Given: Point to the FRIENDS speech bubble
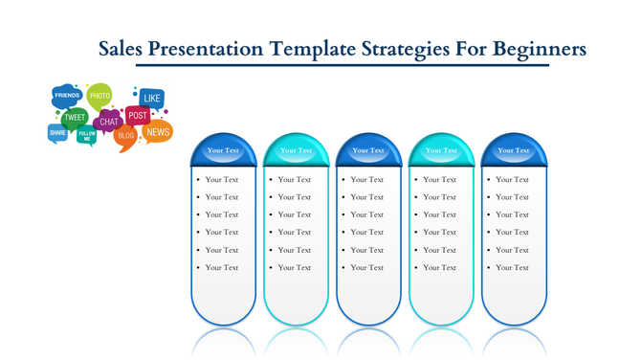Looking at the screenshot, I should (67, 96).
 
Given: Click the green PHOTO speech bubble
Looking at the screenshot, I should (99, 95).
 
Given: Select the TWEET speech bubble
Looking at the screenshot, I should (75, 118).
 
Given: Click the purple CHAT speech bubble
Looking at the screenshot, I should (109, 122).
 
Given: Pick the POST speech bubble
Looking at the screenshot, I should (137, 115).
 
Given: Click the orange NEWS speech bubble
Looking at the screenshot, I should (158, 131).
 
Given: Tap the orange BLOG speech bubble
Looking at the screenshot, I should (125, 137).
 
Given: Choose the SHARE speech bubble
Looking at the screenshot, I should (57, 133).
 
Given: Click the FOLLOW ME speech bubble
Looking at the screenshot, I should (87, 136).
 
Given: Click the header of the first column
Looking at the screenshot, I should (223, 150).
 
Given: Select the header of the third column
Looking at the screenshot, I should (368, 150).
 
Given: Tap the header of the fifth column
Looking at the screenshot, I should (514, 150).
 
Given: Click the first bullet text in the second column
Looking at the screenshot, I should (295, 179).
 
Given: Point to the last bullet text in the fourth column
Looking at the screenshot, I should (440, 267).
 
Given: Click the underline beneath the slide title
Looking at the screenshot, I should (343, 65).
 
